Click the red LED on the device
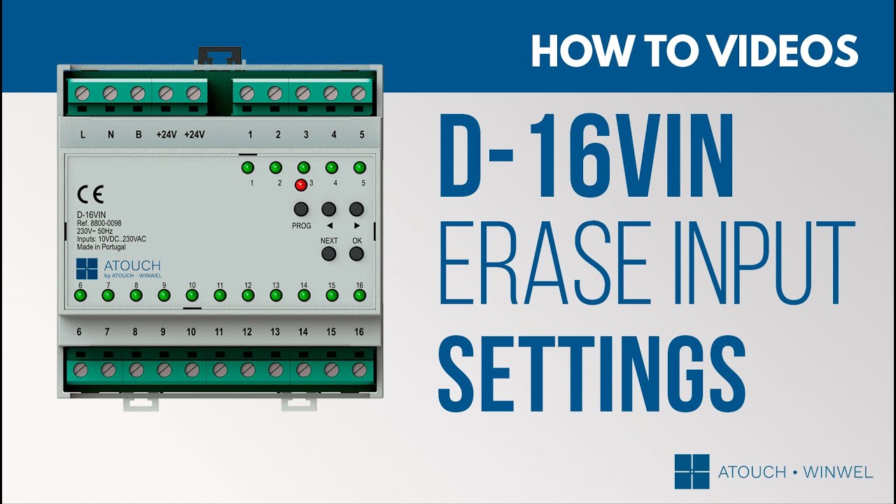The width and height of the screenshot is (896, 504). click(x=301, y=185)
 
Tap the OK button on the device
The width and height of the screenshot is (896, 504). click(x=356, y=253)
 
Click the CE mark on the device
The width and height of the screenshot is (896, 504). click(x=90, y=195)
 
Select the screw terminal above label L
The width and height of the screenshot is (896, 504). click(x=82, y=94)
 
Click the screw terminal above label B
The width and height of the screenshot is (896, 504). click(x=138, y=94)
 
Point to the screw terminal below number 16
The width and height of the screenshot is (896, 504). click(x=359, y=370)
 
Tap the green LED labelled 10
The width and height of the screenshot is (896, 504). click(x=192, y=295)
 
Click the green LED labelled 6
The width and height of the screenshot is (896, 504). click(x=80, y=295)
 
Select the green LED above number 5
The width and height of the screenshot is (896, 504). click(x=360, y=167)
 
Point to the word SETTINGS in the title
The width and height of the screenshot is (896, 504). click(x=592, y=374)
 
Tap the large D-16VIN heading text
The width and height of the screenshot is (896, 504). click(x=587, y=156)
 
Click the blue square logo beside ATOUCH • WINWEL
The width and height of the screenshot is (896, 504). click(x=692, y=472)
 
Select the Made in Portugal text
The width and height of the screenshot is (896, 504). click(x=101, y=247)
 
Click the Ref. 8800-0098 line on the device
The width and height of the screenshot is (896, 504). click(x=99, y=223)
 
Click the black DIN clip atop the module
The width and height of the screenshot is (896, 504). click(x=220, y=55)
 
